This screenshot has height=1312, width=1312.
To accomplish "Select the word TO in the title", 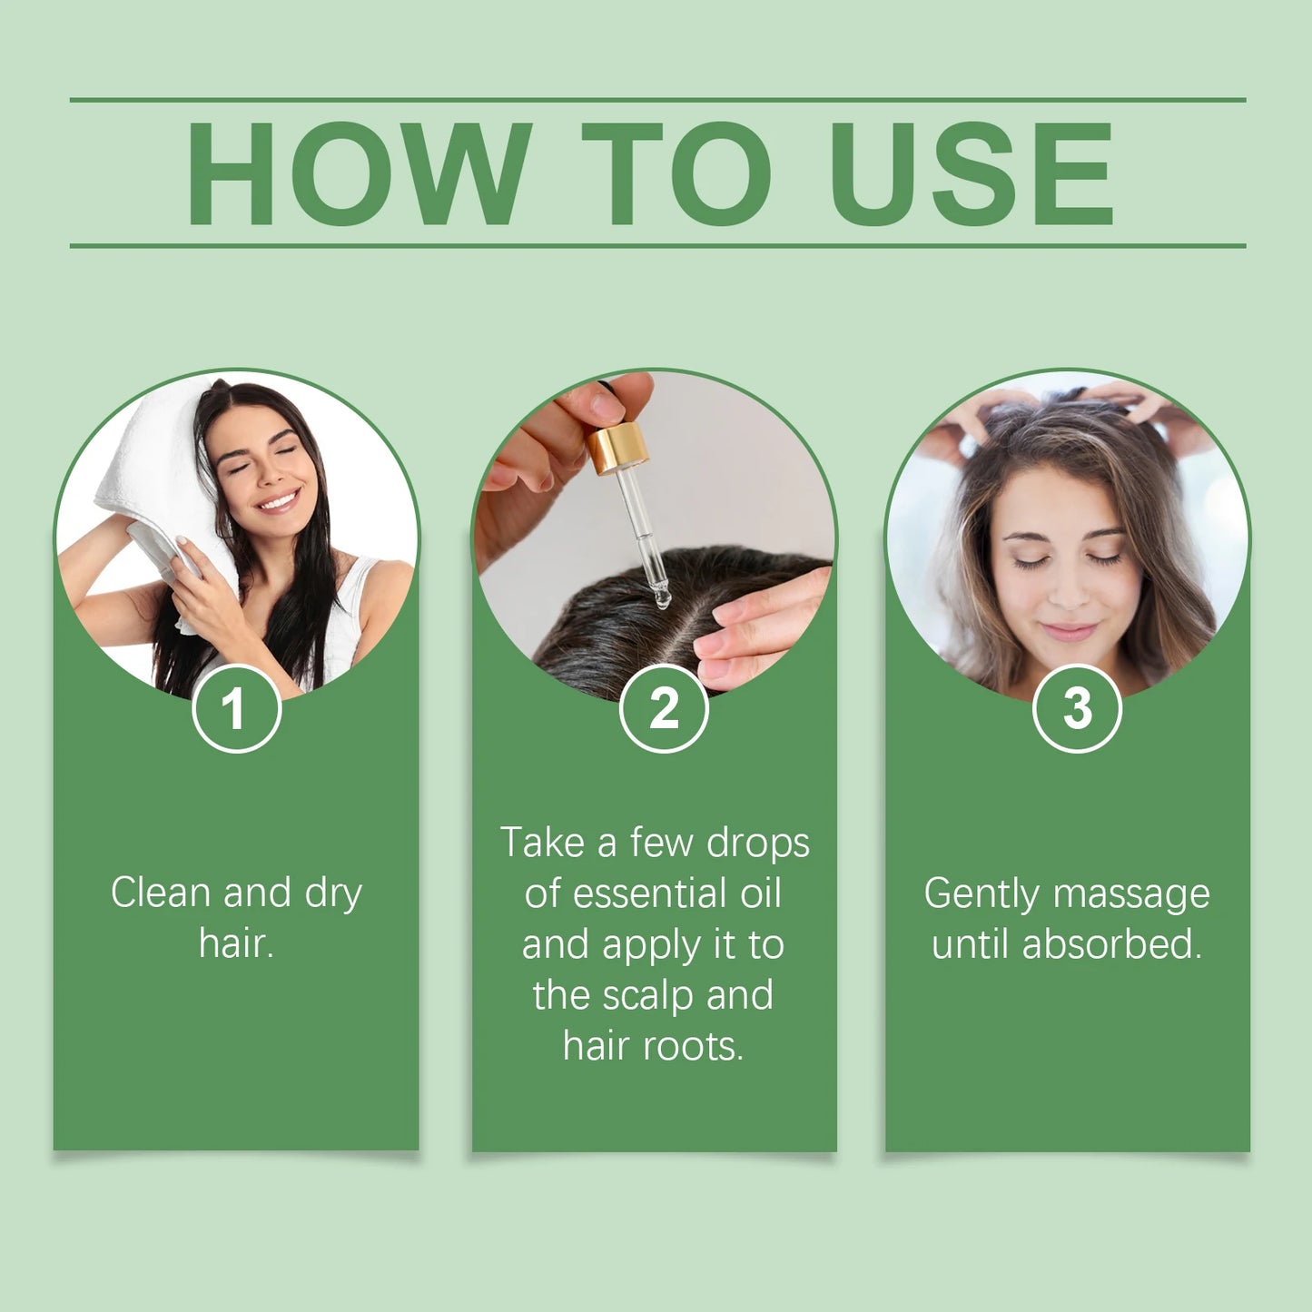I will point(676,173).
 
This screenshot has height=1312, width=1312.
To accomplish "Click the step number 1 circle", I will point(236,708).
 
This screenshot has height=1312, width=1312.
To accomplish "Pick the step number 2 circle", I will point(664,708).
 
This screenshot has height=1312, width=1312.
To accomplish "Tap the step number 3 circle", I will point(1077,708).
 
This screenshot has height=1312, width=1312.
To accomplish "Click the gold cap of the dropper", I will point(617,447).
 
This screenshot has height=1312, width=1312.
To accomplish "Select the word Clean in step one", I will point(161,893).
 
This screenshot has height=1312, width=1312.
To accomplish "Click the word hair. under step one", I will point(236,943).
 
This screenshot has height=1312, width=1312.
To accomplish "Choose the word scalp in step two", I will point(649,995).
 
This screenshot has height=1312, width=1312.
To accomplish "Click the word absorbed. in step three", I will point(1111,944).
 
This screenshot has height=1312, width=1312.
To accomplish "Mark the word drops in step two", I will point(758,843).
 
